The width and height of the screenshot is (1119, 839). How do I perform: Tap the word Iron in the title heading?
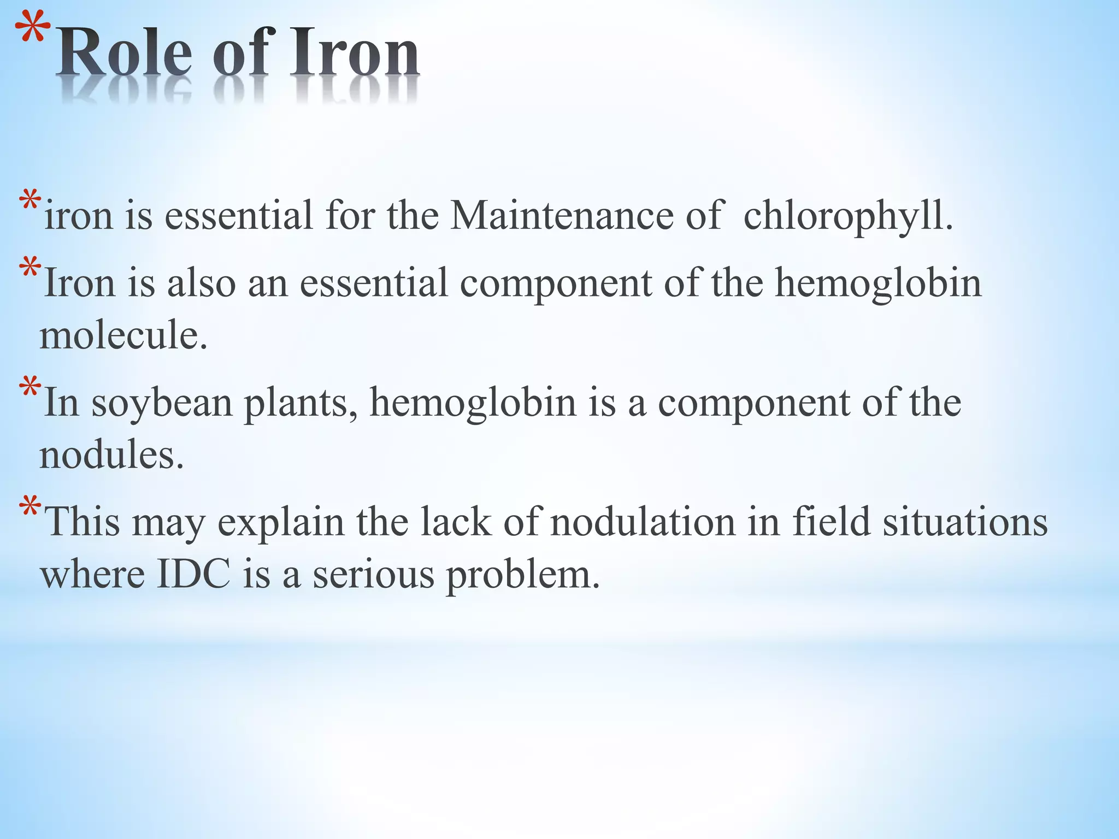point(354,55)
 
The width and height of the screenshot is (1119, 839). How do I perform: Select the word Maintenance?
point(562,215)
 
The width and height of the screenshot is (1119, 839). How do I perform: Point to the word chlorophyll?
point(848,216)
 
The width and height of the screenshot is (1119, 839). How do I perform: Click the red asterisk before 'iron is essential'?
point(30,202)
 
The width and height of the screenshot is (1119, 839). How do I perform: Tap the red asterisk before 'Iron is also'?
point(30,269)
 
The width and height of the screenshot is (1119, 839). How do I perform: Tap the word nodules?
point(111,454)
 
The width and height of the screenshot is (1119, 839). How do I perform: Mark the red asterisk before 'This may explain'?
point(30,508)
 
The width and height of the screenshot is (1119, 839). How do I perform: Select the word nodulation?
point(643,521)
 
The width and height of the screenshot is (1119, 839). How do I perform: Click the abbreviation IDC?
point(193,575)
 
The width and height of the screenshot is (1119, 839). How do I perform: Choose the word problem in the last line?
point(523,576)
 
